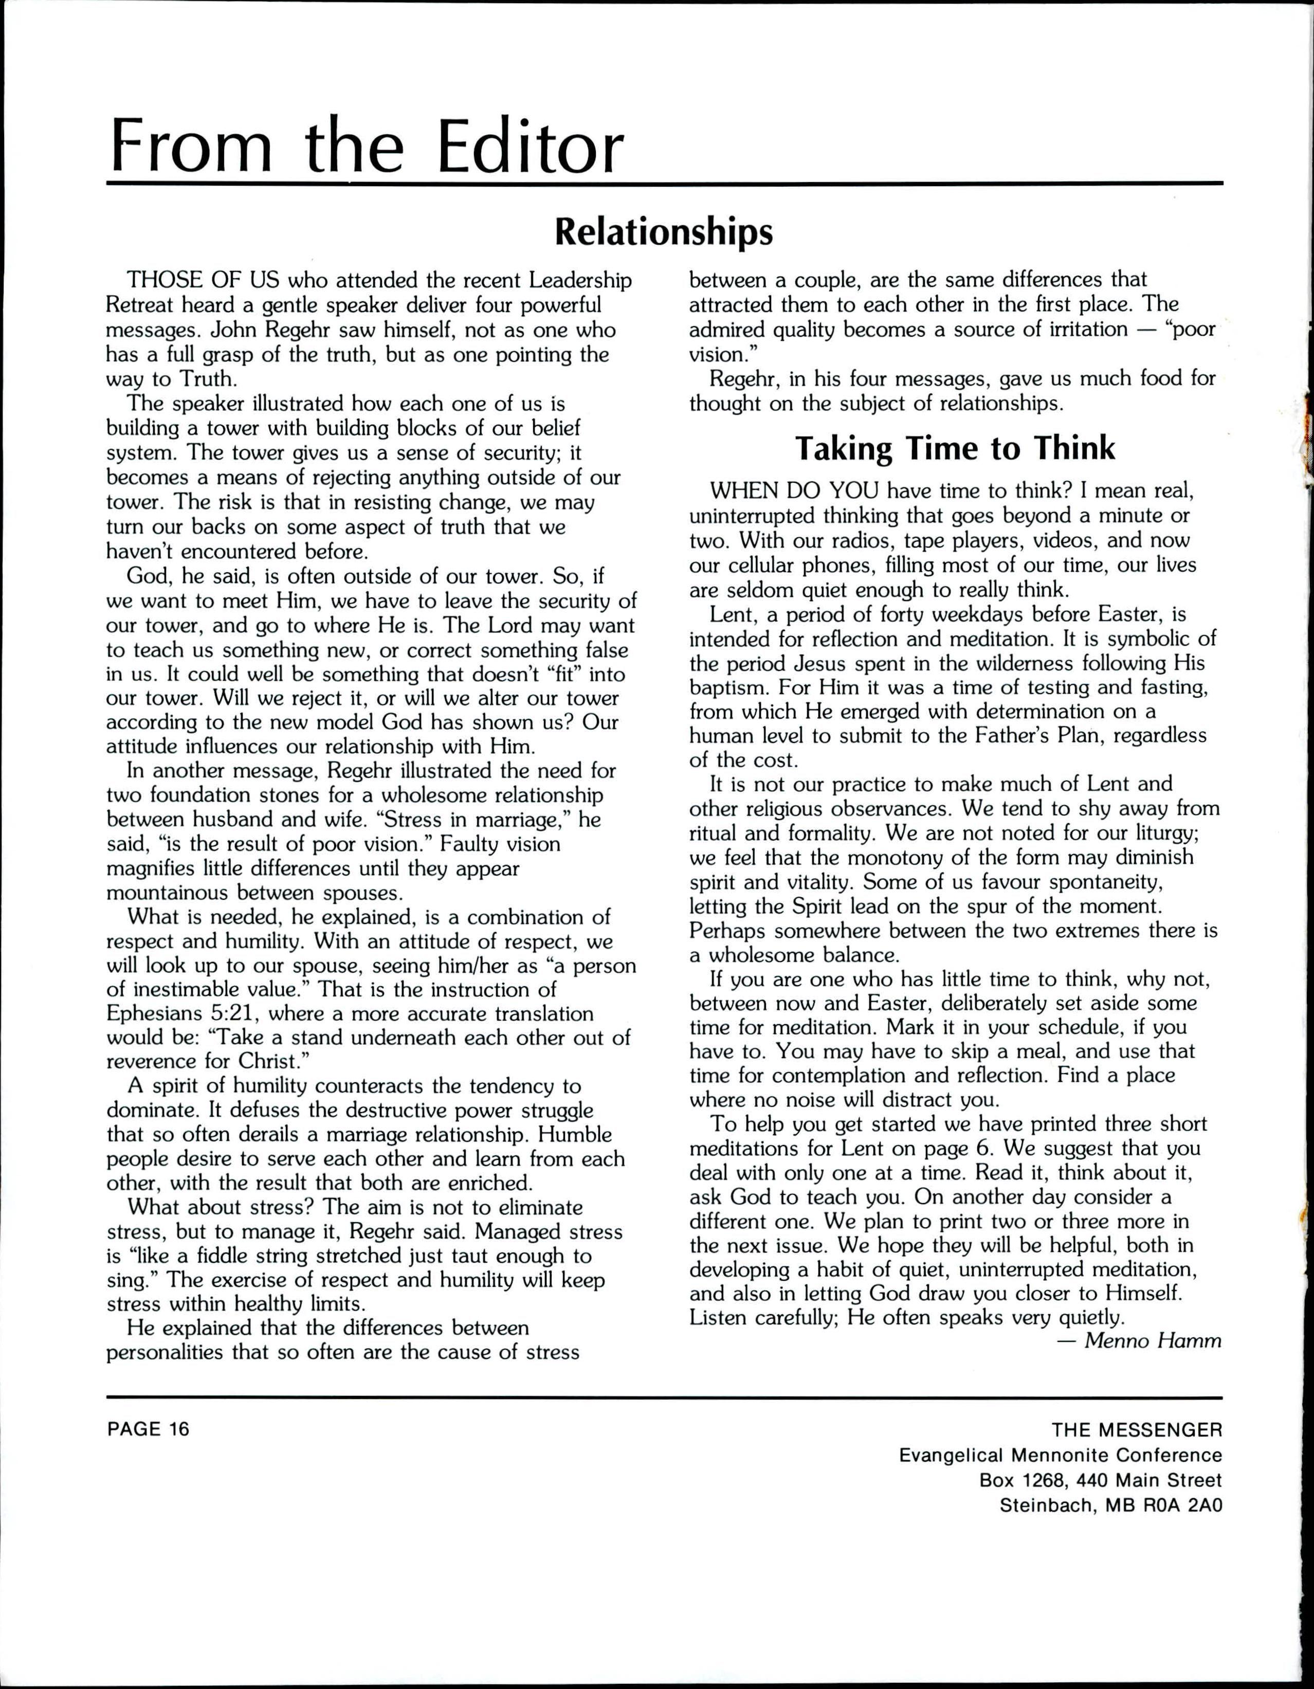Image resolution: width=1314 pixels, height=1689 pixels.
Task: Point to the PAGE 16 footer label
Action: (x=148, y=1428)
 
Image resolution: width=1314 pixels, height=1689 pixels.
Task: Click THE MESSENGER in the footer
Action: (x=1137, y=1429)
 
